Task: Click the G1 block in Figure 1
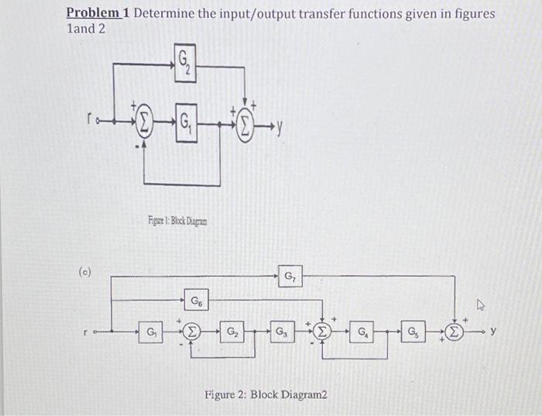(x=184, y=122)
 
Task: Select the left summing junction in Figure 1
(x=144, y=122)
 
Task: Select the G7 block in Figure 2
(x=290, y=276)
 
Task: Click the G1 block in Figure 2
(x=152, y=333)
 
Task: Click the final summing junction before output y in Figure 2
(x=456, y=333)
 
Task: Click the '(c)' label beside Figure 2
(x=85, y=273)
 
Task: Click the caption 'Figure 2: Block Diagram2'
(x=266, y=394)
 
